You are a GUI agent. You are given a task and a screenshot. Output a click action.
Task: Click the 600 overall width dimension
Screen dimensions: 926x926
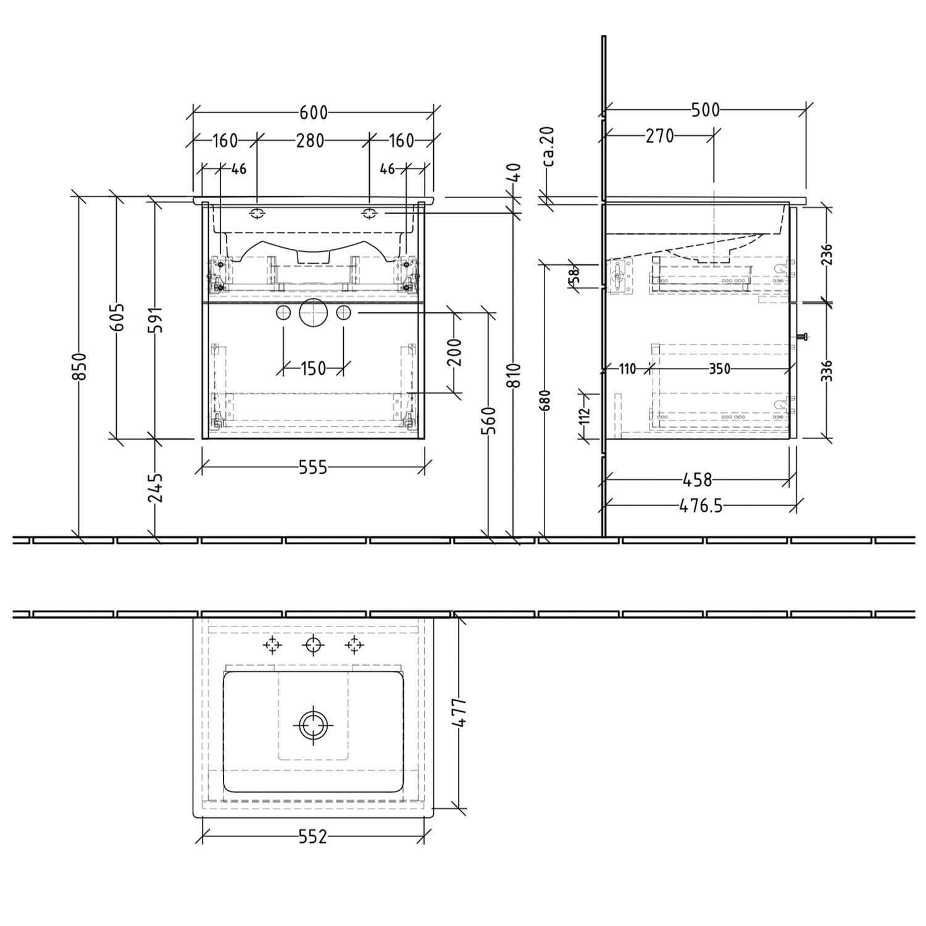pyautogui.click(x=314, y=113)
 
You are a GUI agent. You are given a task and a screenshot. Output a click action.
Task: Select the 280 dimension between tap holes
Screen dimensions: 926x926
pyautogui.click(x=310, y=141)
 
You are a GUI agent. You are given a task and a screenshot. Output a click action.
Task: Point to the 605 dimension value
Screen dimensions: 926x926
pyautogui.click(x=117, y=317)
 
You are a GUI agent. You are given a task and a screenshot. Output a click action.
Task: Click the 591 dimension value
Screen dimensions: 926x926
pyautogui.click(x=156, y=319)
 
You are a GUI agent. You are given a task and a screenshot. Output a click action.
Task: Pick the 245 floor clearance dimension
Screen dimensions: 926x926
pyautogui.click(x=156, y=488)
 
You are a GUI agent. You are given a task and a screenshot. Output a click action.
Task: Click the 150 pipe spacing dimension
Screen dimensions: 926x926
pyautogui.click(x=313, y=369)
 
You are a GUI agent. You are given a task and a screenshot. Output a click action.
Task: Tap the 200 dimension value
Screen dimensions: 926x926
pyautogui.click(x=455, y=352)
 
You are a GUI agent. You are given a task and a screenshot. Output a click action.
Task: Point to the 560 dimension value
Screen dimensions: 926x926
pyautogui.click(x=490, y=420)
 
